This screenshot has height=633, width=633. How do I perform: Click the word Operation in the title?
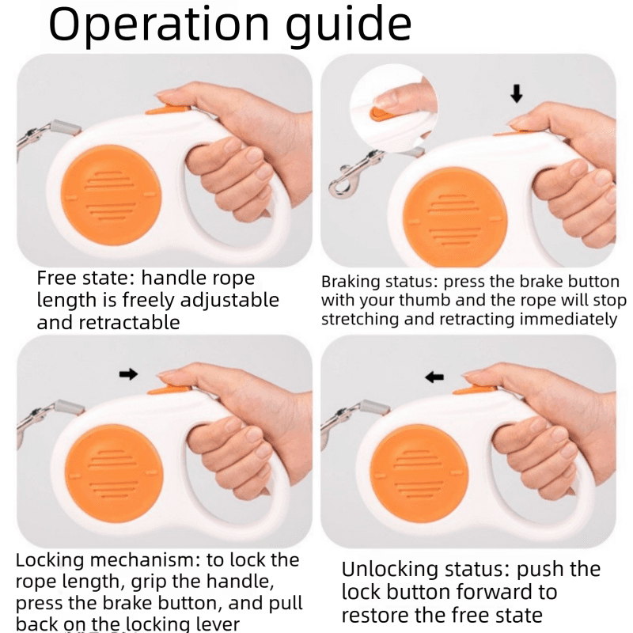[159, 25]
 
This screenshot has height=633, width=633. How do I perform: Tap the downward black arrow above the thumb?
[517, 93]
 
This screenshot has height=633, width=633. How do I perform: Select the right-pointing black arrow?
[128, 374]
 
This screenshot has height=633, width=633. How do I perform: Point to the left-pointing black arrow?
[434, 377]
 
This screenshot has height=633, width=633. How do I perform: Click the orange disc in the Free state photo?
[112, 195]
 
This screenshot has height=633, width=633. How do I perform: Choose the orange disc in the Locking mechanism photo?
[114, 473]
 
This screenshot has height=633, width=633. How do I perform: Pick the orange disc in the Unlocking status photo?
[419, 473]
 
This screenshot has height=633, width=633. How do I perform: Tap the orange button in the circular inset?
[381, 115]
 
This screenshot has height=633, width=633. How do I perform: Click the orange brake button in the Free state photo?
[168, 109]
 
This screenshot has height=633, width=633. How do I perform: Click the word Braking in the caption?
[351, 282]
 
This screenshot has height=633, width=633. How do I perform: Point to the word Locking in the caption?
[50, 561]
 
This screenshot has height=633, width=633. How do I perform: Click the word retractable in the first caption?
[129, 323]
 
